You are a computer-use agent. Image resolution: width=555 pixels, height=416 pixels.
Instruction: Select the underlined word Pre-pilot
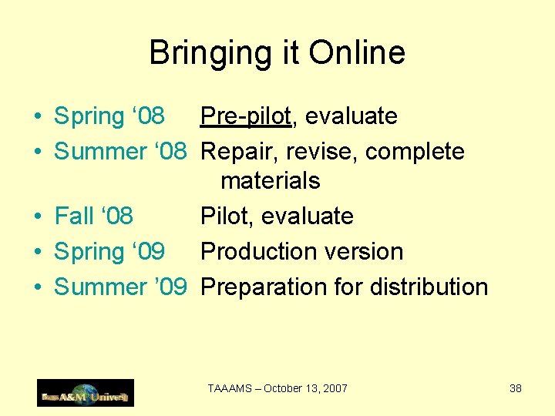[x=246, y=116]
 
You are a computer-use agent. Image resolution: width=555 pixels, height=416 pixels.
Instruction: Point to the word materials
[x=270, y=181]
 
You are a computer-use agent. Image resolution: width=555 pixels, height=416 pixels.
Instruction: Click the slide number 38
[x=516, y=389]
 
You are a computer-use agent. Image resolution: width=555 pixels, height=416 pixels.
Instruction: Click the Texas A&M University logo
[x=86, y=393]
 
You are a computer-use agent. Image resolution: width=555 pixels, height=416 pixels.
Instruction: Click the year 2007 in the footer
[x=335, y=389]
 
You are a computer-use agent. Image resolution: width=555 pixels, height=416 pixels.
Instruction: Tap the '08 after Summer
[x=170, y=152]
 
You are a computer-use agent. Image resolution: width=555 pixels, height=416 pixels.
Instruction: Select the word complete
[x=415, y=152]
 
